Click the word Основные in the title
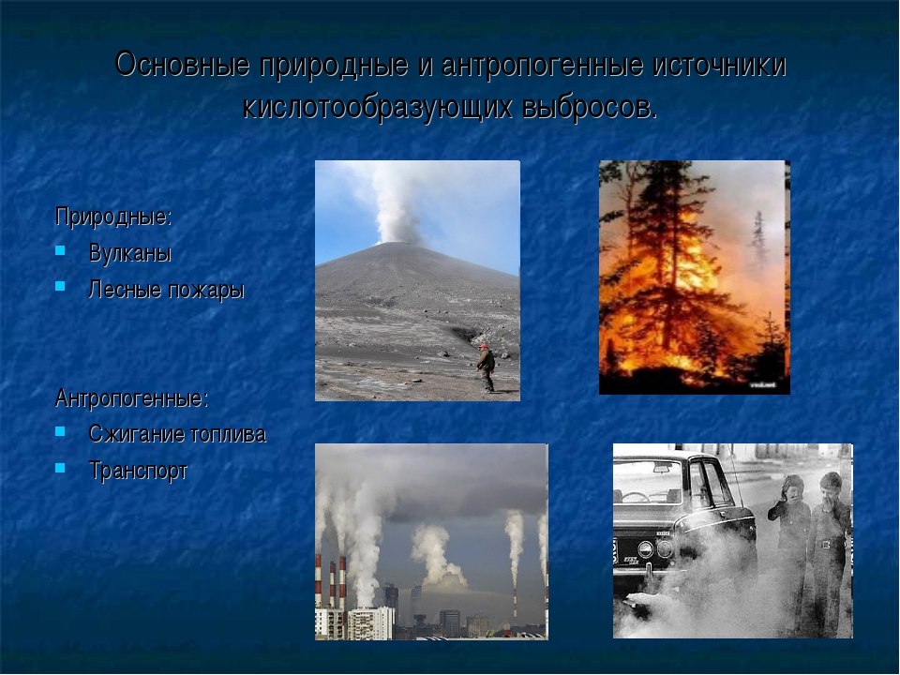(x=183, y=64)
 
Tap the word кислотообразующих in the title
(x=378, y=107)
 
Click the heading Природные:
(x=113, y=217)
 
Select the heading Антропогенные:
(x=131, y=397)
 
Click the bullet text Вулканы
(x=130, y=253)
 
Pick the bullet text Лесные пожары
(x=167, y=290)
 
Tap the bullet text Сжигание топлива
(x=177, y=434)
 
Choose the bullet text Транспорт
(x=139, y=471)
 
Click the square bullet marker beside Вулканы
(x=60, y=250)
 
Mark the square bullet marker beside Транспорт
(x=60, y=468)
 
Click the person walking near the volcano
(x=487, y=367)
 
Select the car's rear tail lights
(x=655, y=549)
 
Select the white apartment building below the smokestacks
(x=371, y=623)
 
